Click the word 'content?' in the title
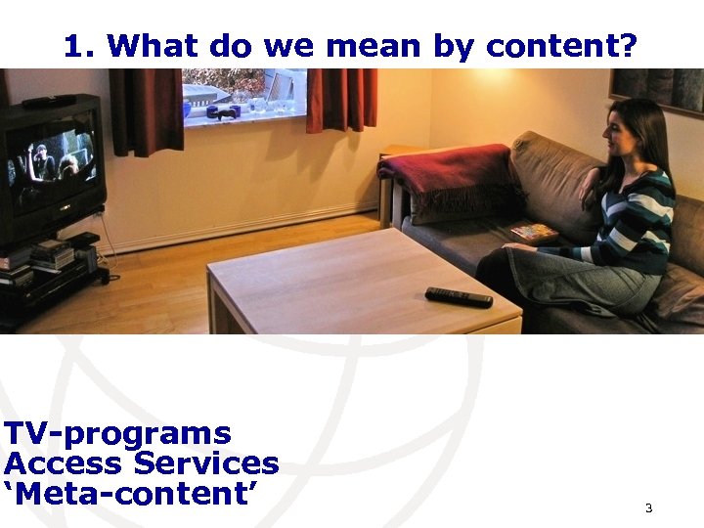(x=561, y=46)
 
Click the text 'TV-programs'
(x=117, y=433)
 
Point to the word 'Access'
(x=64, y=463)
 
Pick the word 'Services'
(x=205, y=463)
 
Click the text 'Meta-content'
(x=136, y=494)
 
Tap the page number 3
(x=648, y=508)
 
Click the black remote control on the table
(x=459, y=297)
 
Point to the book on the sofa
(x=534, y=233)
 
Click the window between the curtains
(x=244, y=93)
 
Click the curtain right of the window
(x=341, y=100)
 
